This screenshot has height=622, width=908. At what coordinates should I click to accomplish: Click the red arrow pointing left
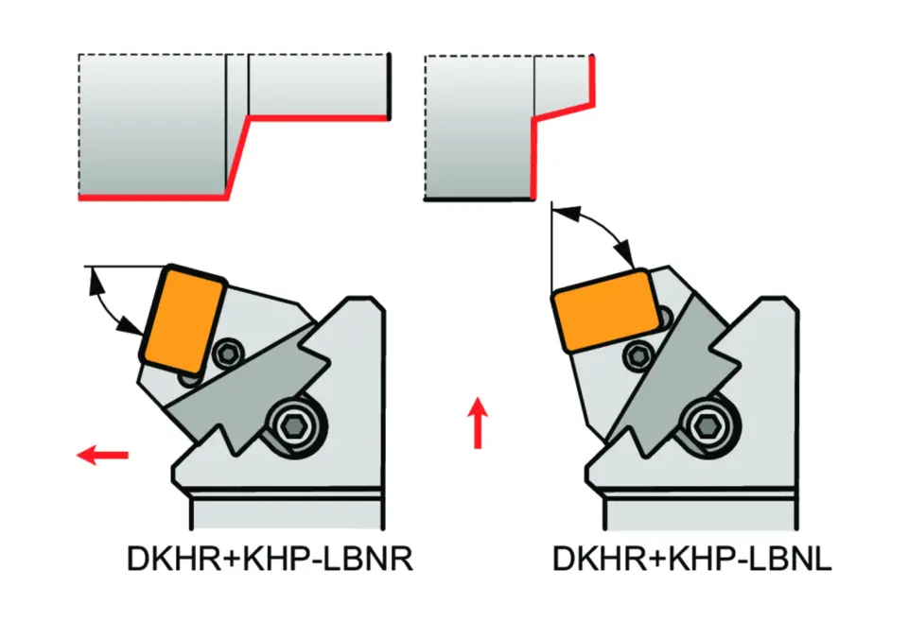click(102, 456)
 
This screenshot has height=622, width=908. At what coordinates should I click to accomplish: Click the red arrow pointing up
click(480, 423)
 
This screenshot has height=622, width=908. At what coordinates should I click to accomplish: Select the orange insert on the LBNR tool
click(183, 320)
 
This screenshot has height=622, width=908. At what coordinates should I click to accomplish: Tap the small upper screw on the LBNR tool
click(227, 354)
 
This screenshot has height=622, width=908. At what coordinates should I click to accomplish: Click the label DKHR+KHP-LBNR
click(270, 561)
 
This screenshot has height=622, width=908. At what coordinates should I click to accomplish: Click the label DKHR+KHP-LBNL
click(692, 561)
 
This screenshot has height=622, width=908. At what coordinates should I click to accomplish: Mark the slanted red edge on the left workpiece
click(236, 157)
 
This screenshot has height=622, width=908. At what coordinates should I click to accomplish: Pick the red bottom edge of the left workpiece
click(151, 198)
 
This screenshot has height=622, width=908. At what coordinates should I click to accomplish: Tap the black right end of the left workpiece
click(389, 85)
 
